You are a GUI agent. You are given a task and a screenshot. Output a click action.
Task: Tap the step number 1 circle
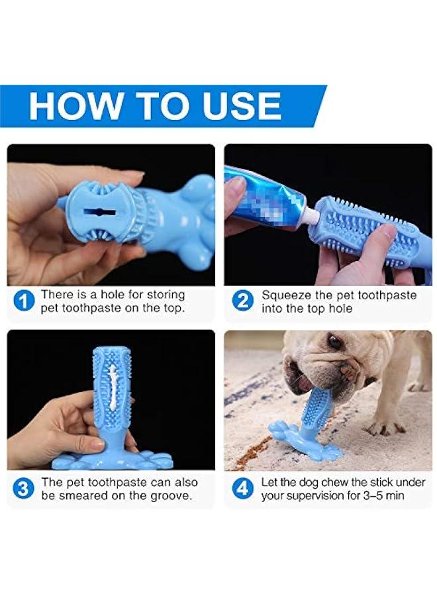tap(24, 302)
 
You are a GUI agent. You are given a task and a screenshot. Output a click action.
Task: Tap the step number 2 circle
tap(243, 302)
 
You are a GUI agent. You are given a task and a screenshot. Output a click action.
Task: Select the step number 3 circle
tap(24, 489)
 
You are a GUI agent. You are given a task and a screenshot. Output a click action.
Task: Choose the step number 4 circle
tap(243, 489)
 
